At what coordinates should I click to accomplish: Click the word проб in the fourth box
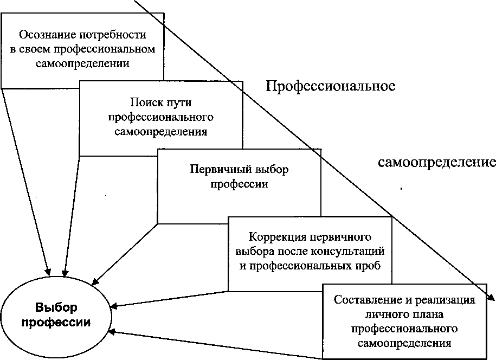click(x=370, y=266)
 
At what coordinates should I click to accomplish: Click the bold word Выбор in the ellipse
click(x=56, y=307)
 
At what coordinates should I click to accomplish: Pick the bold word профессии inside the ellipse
click(x=56, y=322)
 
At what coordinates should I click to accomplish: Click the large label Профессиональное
click(x=330, y=86)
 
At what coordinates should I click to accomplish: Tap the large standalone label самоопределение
click(x=437, y=162)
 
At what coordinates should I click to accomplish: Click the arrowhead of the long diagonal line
click(x=491, y=298)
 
